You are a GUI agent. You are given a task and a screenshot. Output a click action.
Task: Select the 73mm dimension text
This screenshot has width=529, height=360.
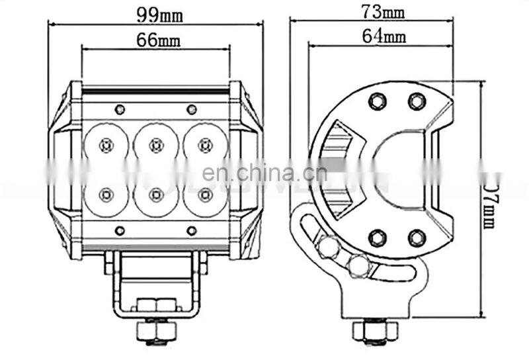(383, 11)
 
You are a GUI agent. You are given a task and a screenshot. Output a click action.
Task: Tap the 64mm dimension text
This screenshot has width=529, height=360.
(384, 36)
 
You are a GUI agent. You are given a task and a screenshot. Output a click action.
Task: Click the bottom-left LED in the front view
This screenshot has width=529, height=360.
(105, 194)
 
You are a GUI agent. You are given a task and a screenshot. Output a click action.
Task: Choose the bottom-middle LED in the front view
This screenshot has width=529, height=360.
(156, 194)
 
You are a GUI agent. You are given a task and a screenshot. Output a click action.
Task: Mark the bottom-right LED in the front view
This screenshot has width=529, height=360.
(206, 194)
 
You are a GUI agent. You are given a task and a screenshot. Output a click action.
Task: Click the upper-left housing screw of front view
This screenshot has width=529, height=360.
(119, 109)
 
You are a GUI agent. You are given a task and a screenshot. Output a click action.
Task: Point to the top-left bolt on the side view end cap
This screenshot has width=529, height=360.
(378, 101)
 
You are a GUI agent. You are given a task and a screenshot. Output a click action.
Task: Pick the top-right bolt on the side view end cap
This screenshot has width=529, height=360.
(416, 101)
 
